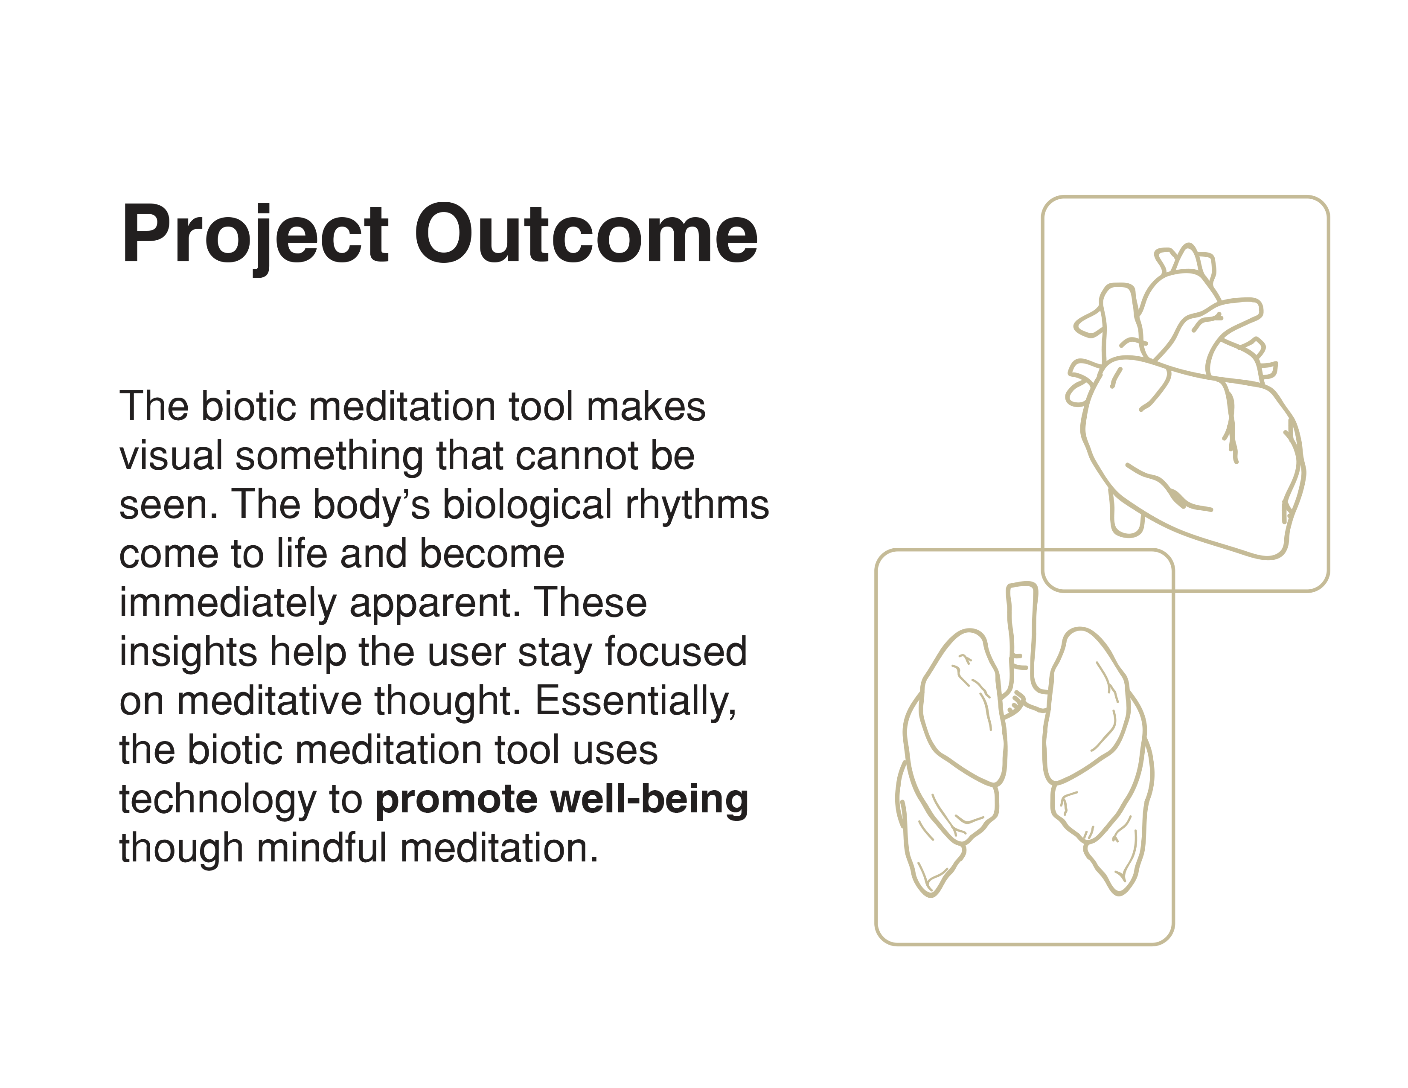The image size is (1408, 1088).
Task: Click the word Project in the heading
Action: [255, 235]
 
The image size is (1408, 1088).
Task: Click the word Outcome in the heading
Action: [585, 235]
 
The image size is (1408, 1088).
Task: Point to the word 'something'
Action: [329, 457]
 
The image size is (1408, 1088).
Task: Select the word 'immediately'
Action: [227, 604]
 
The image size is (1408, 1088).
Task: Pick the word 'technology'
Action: [217, 800]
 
